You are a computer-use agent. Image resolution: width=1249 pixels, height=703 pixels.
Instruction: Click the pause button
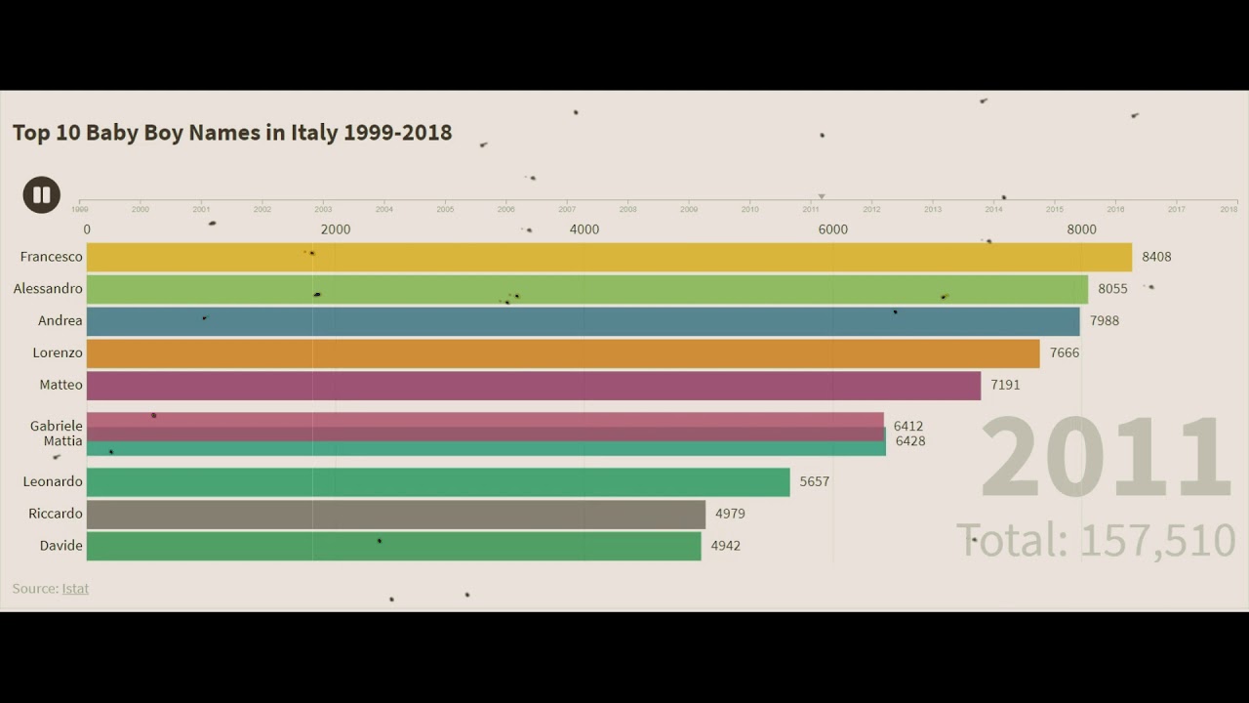42,195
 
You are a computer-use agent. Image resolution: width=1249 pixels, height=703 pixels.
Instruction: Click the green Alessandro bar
586,289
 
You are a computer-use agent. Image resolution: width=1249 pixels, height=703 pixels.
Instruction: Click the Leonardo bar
438,481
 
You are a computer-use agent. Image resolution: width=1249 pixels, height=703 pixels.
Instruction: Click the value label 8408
1156,257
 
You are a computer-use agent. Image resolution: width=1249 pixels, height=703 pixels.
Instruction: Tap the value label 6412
908,426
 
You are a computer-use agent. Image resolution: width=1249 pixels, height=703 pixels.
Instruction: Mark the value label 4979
730,514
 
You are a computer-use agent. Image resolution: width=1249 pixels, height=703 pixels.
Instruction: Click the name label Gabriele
57,426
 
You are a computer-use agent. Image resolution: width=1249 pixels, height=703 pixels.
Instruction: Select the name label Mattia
62,441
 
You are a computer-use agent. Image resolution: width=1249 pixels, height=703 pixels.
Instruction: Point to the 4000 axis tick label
584,229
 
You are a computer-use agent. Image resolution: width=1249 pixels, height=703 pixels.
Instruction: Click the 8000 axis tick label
1081,229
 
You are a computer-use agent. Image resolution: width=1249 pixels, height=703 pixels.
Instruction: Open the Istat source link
75,589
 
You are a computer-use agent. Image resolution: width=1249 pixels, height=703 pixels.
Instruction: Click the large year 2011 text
1106,459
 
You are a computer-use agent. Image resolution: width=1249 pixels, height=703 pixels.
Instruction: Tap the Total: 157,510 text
1096,540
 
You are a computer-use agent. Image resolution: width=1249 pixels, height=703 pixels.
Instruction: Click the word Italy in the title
313,133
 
